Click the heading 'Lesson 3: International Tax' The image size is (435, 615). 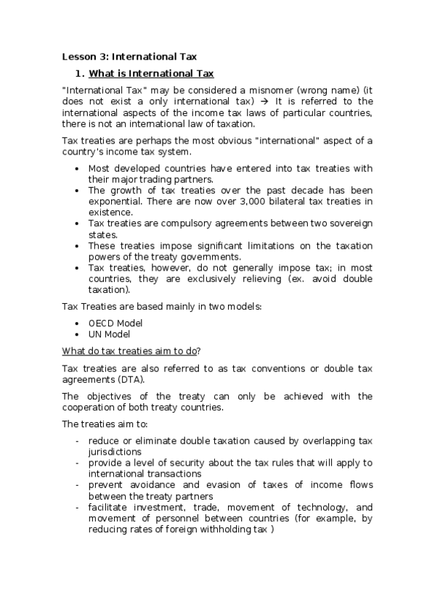point(129,56)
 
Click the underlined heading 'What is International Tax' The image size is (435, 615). point(150,74)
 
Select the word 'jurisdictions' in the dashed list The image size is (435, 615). point(115,451)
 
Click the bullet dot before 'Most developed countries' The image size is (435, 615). point(78,168)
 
